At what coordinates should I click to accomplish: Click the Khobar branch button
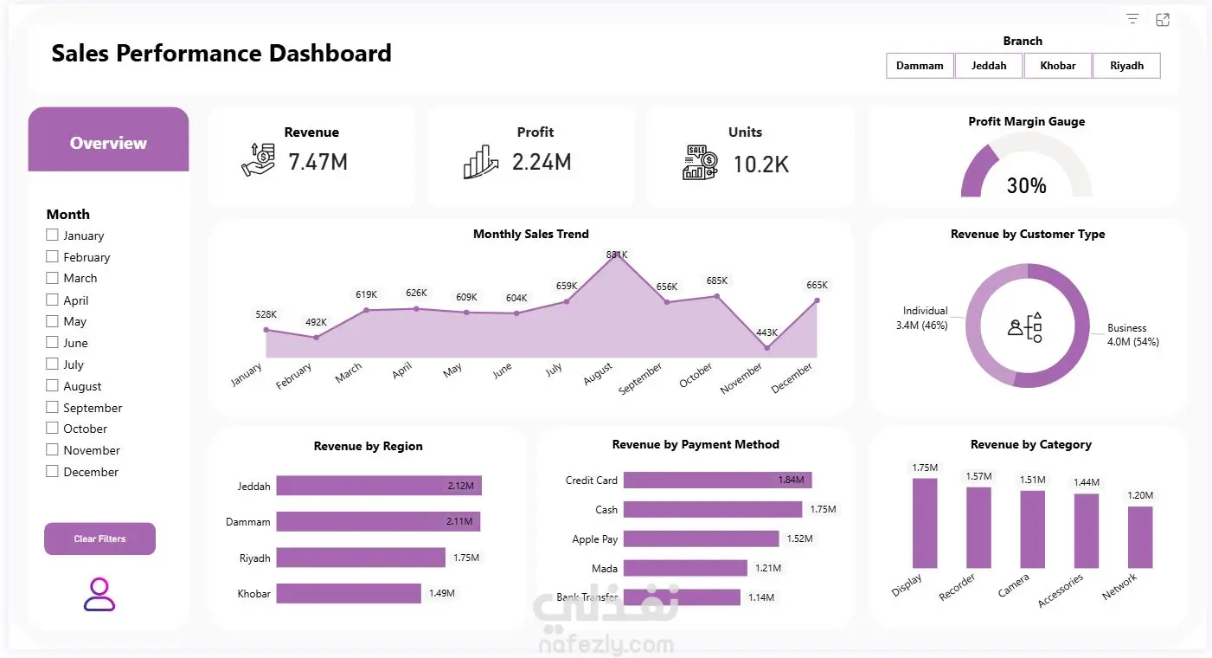pos(1057,66)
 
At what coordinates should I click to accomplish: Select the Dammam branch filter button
pos(920,66)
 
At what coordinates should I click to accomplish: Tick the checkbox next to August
pos(52,385)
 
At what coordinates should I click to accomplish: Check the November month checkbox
pos(52,449)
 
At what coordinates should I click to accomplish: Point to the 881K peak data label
pos(617,255)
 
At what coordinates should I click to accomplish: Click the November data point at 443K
pos(766,348)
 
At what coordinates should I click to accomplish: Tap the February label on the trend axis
pos(294,376)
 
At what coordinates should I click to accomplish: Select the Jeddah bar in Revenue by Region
pos(379,486)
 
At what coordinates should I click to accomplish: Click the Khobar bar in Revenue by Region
pos(349,594)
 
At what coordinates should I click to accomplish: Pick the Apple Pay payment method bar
pos(702,539)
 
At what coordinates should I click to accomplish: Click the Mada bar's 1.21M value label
pos(768,568)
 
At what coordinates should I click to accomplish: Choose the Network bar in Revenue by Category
pos(1140,538)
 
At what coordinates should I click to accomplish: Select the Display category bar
pos(925,523)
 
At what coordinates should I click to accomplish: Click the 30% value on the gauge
pos(1026,186)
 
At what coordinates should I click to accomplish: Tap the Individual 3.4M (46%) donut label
pos(922,318)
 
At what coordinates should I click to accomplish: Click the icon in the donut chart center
pos(1025,327)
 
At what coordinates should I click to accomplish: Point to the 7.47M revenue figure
pos(317,162)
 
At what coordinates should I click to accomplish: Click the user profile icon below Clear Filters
pos(99,595)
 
